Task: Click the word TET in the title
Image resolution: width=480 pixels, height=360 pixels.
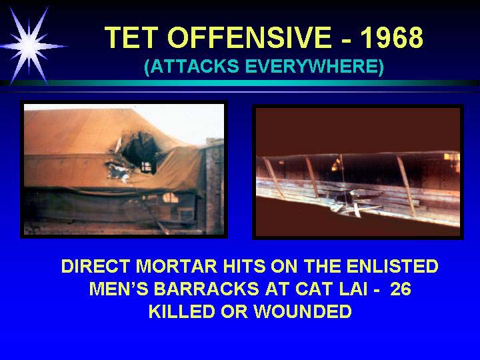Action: [x=131, y=37]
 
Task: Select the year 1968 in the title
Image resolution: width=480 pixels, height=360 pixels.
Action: [x=392, y=37]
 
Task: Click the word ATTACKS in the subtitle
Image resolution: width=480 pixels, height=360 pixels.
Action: [x=191, y=66]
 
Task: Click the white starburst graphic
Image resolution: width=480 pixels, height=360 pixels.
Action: [x=29, y=46]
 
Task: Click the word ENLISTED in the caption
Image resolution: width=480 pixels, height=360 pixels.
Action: [x=392, y=266]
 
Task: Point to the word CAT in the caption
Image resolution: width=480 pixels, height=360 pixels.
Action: [x=313, y=289]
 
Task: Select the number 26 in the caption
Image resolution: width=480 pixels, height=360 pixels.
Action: [x=401, y=289]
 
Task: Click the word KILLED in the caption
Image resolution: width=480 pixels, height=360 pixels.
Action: [x=182, y=311]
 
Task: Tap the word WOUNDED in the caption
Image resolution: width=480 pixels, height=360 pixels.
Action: [x=303, y=311]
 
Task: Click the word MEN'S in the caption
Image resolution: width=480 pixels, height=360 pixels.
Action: [x=119, y=289]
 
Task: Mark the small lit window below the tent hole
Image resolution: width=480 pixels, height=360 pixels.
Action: [x=170, y=197]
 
